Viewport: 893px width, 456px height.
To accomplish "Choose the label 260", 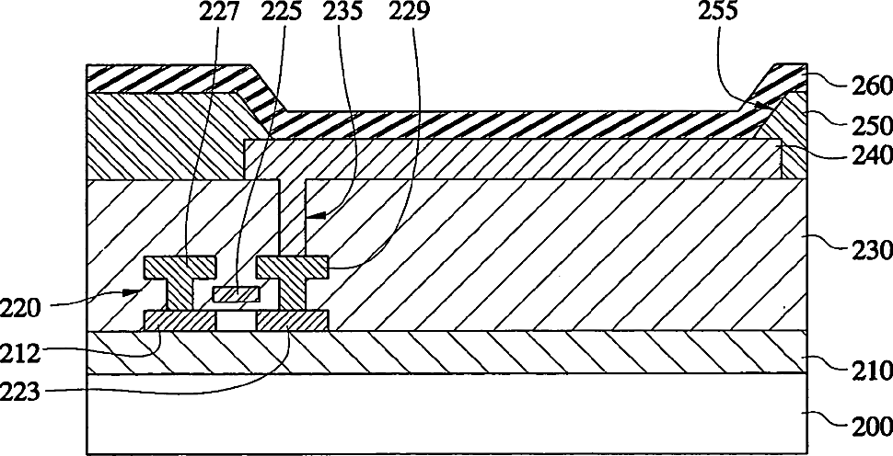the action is (x=871, y=87).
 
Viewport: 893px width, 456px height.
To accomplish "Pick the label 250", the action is (x=871, y=126).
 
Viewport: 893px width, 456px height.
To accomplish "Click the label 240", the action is (x=871, y=154).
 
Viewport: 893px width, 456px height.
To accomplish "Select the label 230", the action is (x=871, y=250).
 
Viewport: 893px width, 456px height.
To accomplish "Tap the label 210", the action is (x=871, y=370).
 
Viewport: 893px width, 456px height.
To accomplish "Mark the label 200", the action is (x=871, y=426).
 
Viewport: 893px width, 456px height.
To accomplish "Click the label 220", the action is (x=21, y=309).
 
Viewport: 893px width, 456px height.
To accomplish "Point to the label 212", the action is (x=21, y=354).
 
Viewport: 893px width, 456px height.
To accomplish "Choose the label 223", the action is (x=21, y=392).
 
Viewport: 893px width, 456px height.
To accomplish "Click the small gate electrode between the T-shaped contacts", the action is (x=237, y=294).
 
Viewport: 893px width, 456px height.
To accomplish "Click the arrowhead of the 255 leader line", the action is (x=767, y=105).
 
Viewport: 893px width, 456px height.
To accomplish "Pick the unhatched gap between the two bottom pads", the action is (x=237, y=321).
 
